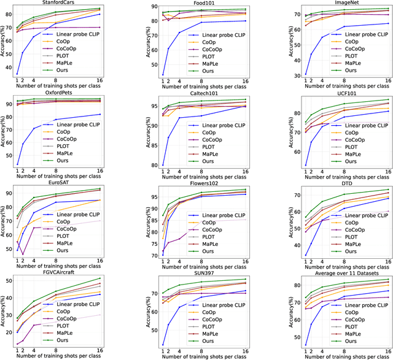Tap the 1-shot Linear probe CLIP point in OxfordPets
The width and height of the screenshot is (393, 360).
[18, 164]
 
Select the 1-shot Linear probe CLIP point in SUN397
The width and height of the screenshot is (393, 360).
[163, 345]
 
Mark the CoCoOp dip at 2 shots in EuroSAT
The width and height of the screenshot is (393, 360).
[23, 254]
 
